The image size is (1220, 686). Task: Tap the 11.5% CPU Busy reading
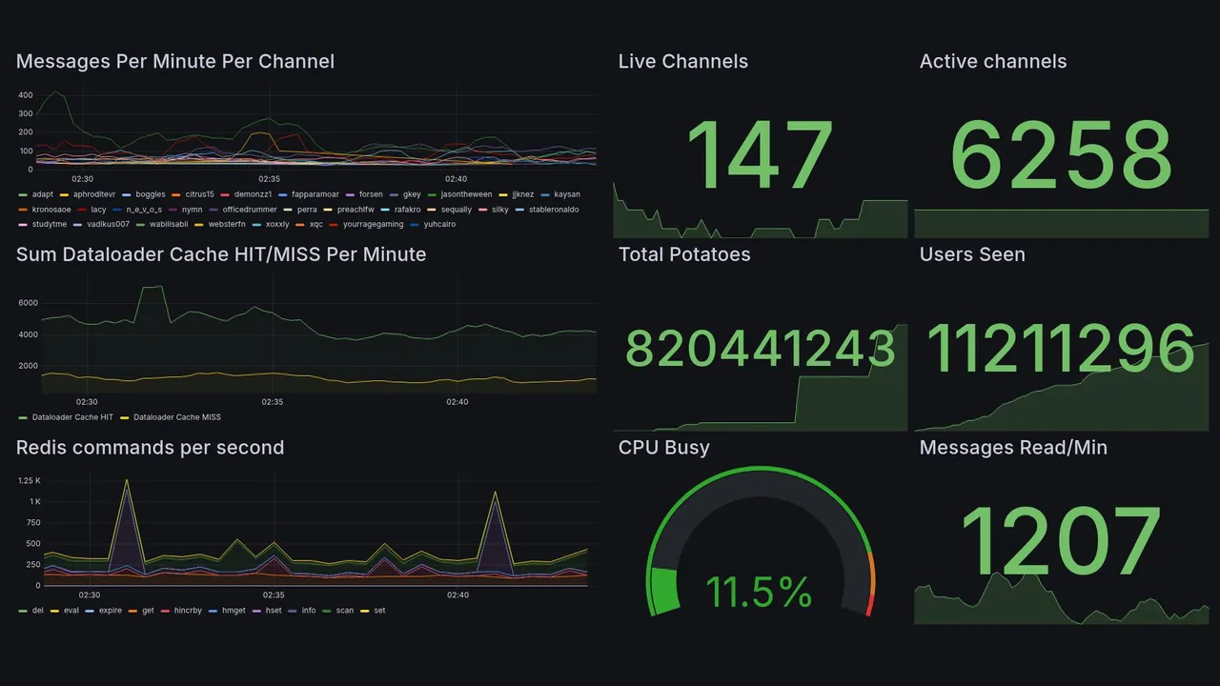[x=759, y=592]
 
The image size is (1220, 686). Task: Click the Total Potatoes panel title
[x=684, y=254]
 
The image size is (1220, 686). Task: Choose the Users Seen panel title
[x=972, y=254]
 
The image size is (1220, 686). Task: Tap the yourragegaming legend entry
[x=376, y=225]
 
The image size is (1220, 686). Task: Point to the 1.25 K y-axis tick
[x=29, y=481]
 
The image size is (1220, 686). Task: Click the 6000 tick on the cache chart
[x=28, y=303]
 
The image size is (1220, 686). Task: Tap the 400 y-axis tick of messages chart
[x=25, y=95]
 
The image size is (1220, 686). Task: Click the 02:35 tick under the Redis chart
[x=272, y=595]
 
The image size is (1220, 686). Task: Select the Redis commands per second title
[x=150, y=448]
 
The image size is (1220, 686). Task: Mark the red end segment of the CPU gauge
[x=868, y=605]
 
